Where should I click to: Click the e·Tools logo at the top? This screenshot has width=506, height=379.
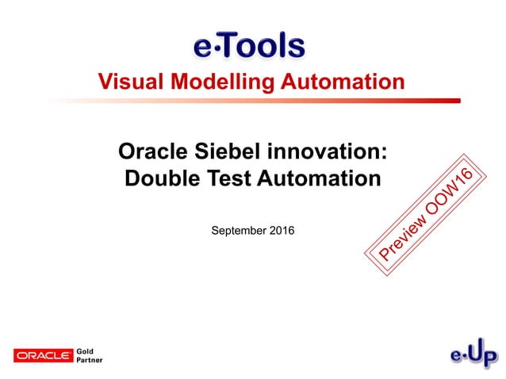click(249, 45)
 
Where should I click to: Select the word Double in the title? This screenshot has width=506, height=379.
click(159, 178)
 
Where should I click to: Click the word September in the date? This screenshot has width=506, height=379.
click(237, 231)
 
